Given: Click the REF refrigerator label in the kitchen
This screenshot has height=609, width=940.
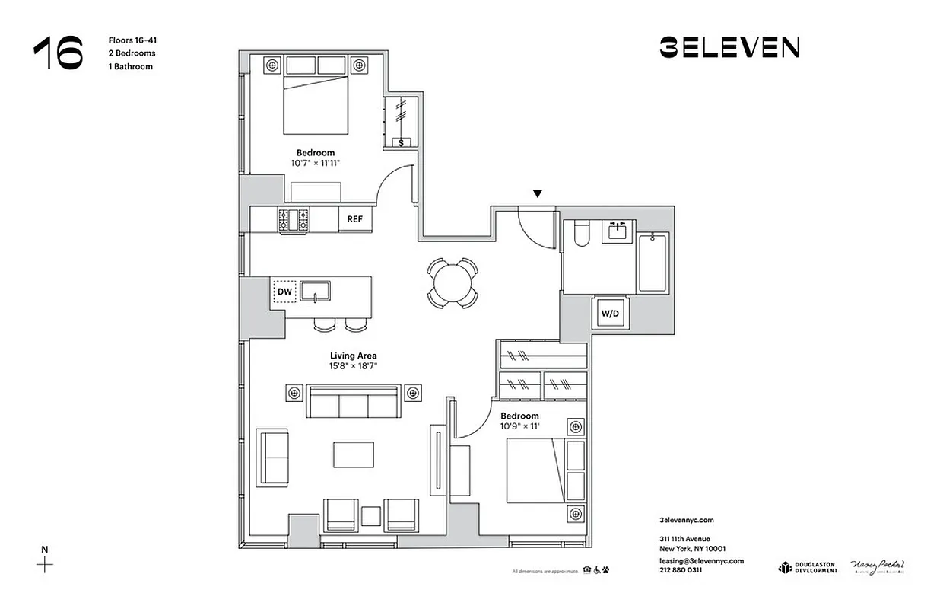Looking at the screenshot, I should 354,219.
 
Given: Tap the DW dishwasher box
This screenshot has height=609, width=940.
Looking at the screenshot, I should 284,292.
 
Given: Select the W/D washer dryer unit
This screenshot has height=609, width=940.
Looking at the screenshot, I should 611,312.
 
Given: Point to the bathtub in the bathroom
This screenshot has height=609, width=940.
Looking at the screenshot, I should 653,263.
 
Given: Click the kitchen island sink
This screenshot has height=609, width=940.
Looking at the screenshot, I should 315,291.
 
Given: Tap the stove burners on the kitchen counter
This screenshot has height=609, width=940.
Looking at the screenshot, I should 294,219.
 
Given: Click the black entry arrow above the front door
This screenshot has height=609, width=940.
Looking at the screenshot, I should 538,194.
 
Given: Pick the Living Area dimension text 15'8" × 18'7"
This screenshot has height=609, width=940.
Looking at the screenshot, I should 354,366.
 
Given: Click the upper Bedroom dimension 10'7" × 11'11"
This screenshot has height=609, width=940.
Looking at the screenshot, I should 316,163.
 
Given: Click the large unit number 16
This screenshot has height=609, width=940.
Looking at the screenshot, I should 58,54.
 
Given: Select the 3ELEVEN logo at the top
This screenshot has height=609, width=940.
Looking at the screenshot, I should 729,47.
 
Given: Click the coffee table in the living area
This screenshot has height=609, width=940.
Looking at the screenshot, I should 354,454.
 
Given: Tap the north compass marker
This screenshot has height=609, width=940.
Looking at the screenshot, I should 45,564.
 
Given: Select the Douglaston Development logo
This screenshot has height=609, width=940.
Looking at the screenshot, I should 808,568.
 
